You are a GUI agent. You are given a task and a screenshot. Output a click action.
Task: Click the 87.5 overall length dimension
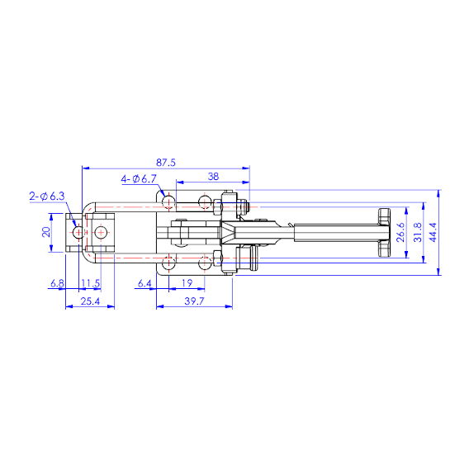click(x=166, y=163)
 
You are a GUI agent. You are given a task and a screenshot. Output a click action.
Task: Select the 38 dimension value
click(x=213, y=177)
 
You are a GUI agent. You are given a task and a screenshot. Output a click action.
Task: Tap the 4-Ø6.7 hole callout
click(x=139, y=179)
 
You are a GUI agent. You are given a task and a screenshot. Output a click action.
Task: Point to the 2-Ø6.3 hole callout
click(x=47, y=197)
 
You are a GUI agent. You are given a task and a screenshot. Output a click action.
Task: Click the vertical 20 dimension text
click(x=46, y=232)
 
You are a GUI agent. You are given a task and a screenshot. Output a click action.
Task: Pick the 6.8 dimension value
click(x=57, y=283)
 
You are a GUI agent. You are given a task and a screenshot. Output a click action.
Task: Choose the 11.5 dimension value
click(x=91, y=283)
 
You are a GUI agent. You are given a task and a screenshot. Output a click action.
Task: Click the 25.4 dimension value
click(x=90, y=301)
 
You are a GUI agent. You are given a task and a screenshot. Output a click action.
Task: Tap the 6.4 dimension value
click(x=144, y=283)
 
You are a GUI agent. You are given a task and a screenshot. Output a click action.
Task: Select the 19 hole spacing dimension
click(x=187, y=283)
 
